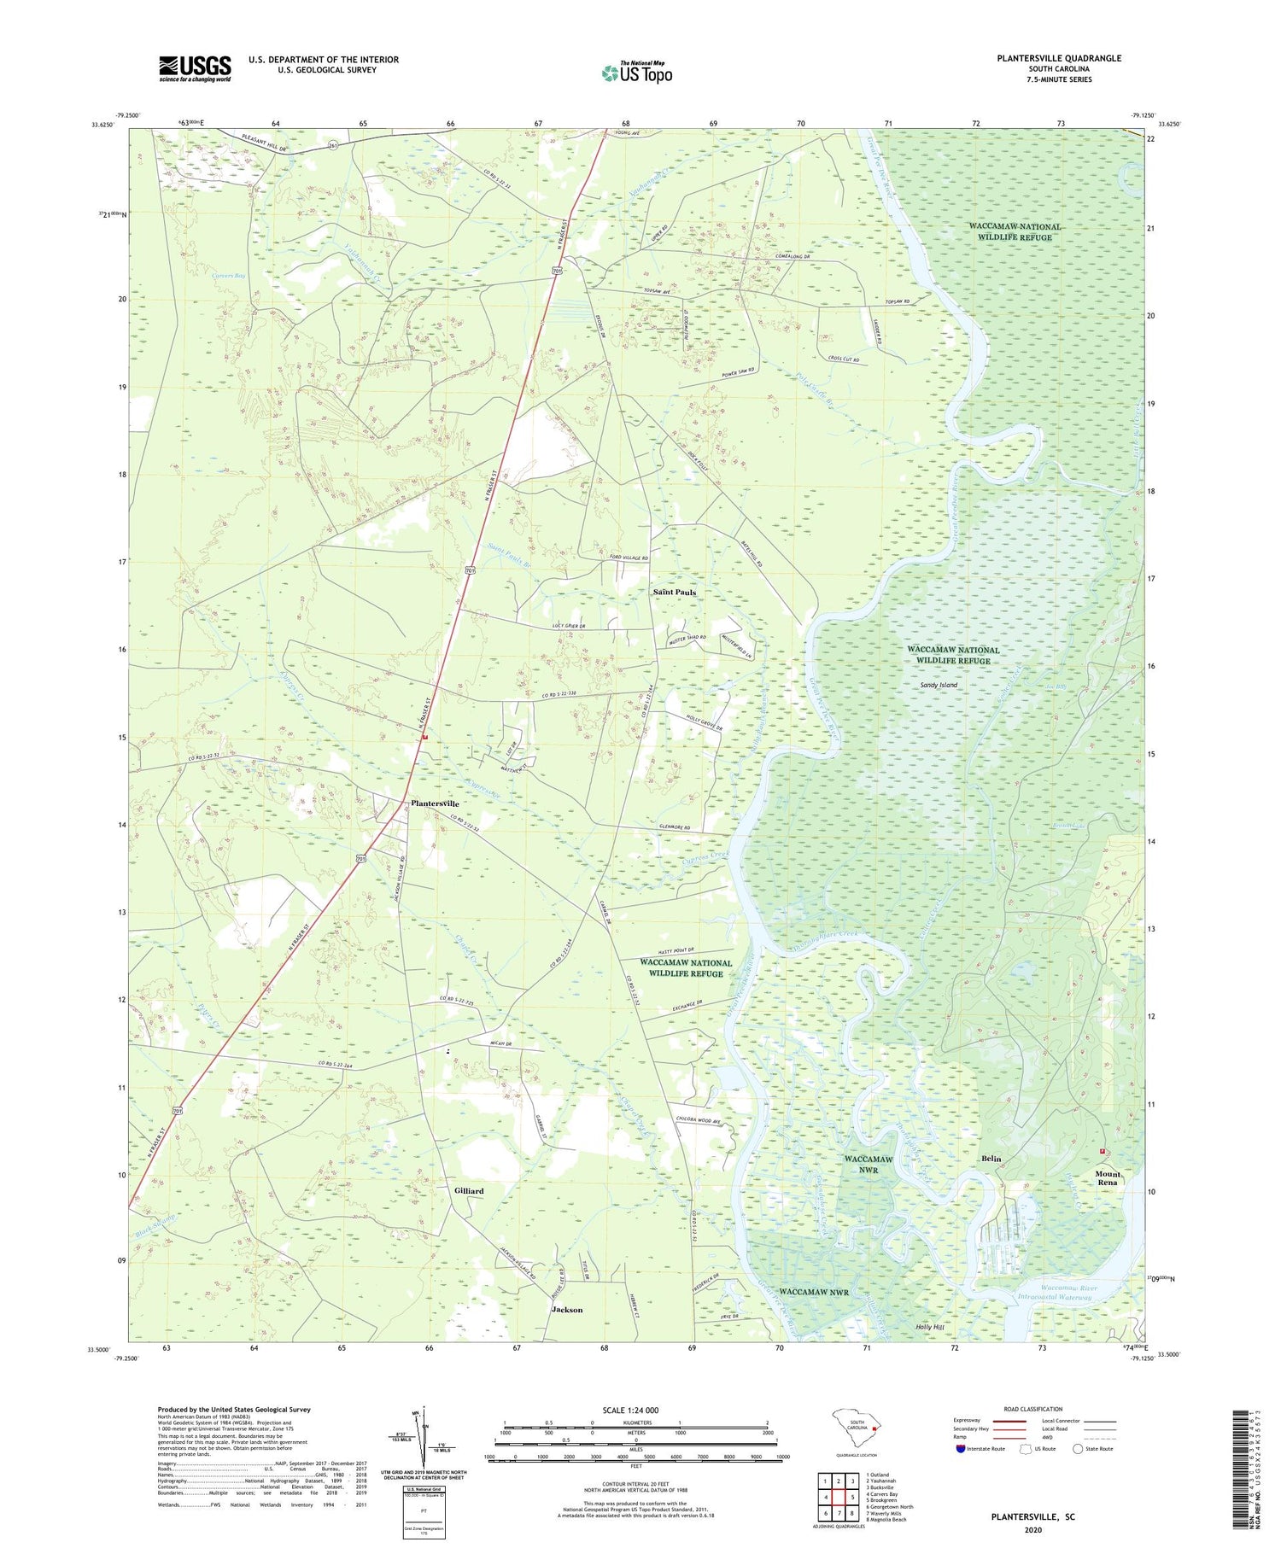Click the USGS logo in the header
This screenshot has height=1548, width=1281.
(x=195, y=68)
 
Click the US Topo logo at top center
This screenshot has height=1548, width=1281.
(x=636, y=73)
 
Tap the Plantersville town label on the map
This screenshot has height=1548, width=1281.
(x=435, y=803)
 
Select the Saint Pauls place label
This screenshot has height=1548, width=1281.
(x=675, y=592)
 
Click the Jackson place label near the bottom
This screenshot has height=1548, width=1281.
(x=567, y=1309)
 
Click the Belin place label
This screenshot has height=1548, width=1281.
(x=991, y=1159)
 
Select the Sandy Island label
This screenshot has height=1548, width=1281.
(x=939, y=685)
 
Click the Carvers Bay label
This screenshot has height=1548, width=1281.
(x=230, y=277)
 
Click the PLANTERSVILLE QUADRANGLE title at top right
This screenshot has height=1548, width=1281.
(x=1046, y=58)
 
